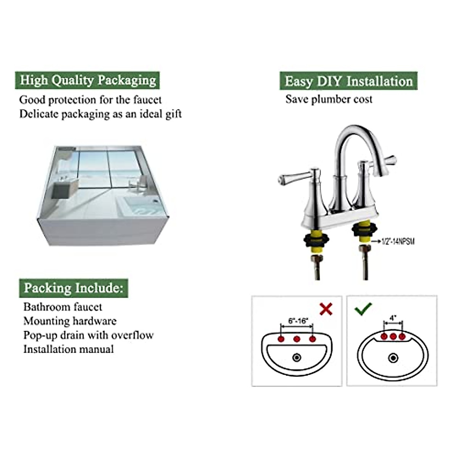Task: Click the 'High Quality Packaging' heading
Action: point(87,81)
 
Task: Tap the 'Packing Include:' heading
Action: point(74,288)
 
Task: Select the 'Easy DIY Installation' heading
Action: point(348,81)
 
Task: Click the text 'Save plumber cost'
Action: point(329,100)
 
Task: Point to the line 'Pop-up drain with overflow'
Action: point(88,335)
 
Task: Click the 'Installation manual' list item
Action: point(69,349)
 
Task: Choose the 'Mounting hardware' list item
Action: point(70,321)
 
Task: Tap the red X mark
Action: point(326,309)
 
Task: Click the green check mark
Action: point(363,308)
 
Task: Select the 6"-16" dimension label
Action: point(298,321)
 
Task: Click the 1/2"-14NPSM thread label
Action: point(398,241)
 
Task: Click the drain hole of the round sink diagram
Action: point(393,358)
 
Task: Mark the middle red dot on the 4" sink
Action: point(393,336)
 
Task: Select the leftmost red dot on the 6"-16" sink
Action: point(281,339)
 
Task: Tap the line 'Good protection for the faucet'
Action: point(90,100)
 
